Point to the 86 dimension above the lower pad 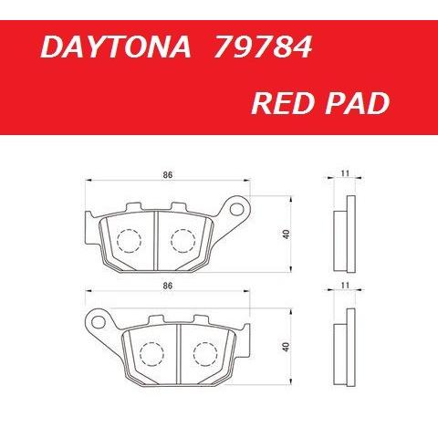(166, 286)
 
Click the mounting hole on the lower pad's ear (95, 321)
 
